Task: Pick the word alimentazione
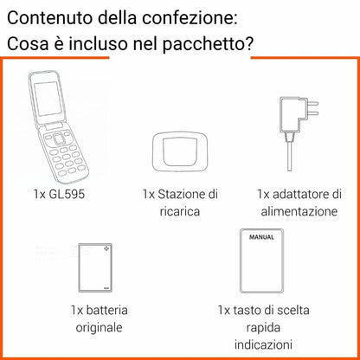(x=295, y=211)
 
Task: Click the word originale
(x=98, y=327)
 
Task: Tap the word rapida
(x=264, y=326)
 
